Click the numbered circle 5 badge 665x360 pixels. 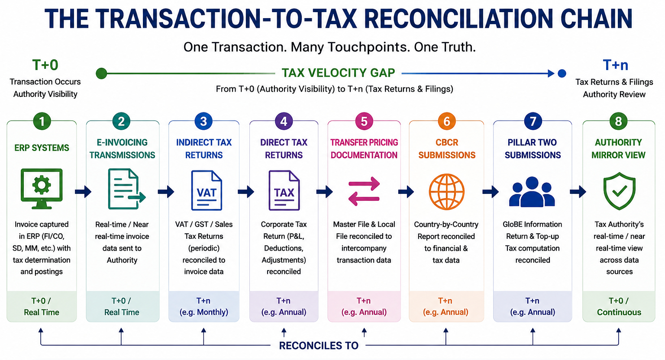pos(364,122)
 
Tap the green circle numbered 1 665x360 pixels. pos(42,122)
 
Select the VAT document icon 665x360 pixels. pos(207,190)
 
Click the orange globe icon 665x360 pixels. pos(446,192)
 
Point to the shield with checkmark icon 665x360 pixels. pos(619,191)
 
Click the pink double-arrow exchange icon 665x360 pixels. pos(364,191)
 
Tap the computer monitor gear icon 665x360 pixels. pos(42,189)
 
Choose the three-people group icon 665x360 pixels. pos(532,192)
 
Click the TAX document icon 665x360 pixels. pos(284,190)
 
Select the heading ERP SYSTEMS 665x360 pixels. pos(42,148)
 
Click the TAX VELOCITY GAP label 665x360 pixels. pos(338,73)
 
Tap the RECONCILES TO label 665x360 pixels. pos(319,345)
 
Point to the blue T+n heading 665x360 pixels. pos(615,65)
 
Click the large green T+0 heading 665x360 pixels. pos(45,65)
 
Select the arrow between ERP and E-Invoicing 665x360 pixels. pos(83,192)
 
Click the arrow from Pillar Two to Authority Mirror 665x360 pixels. pos(578,192)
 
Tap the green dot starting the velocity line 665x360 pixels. pos(101,73)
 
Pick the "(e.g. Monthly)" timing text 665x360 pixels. pos(203,312)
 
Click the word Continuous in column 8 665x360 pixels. pos(619,312)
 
